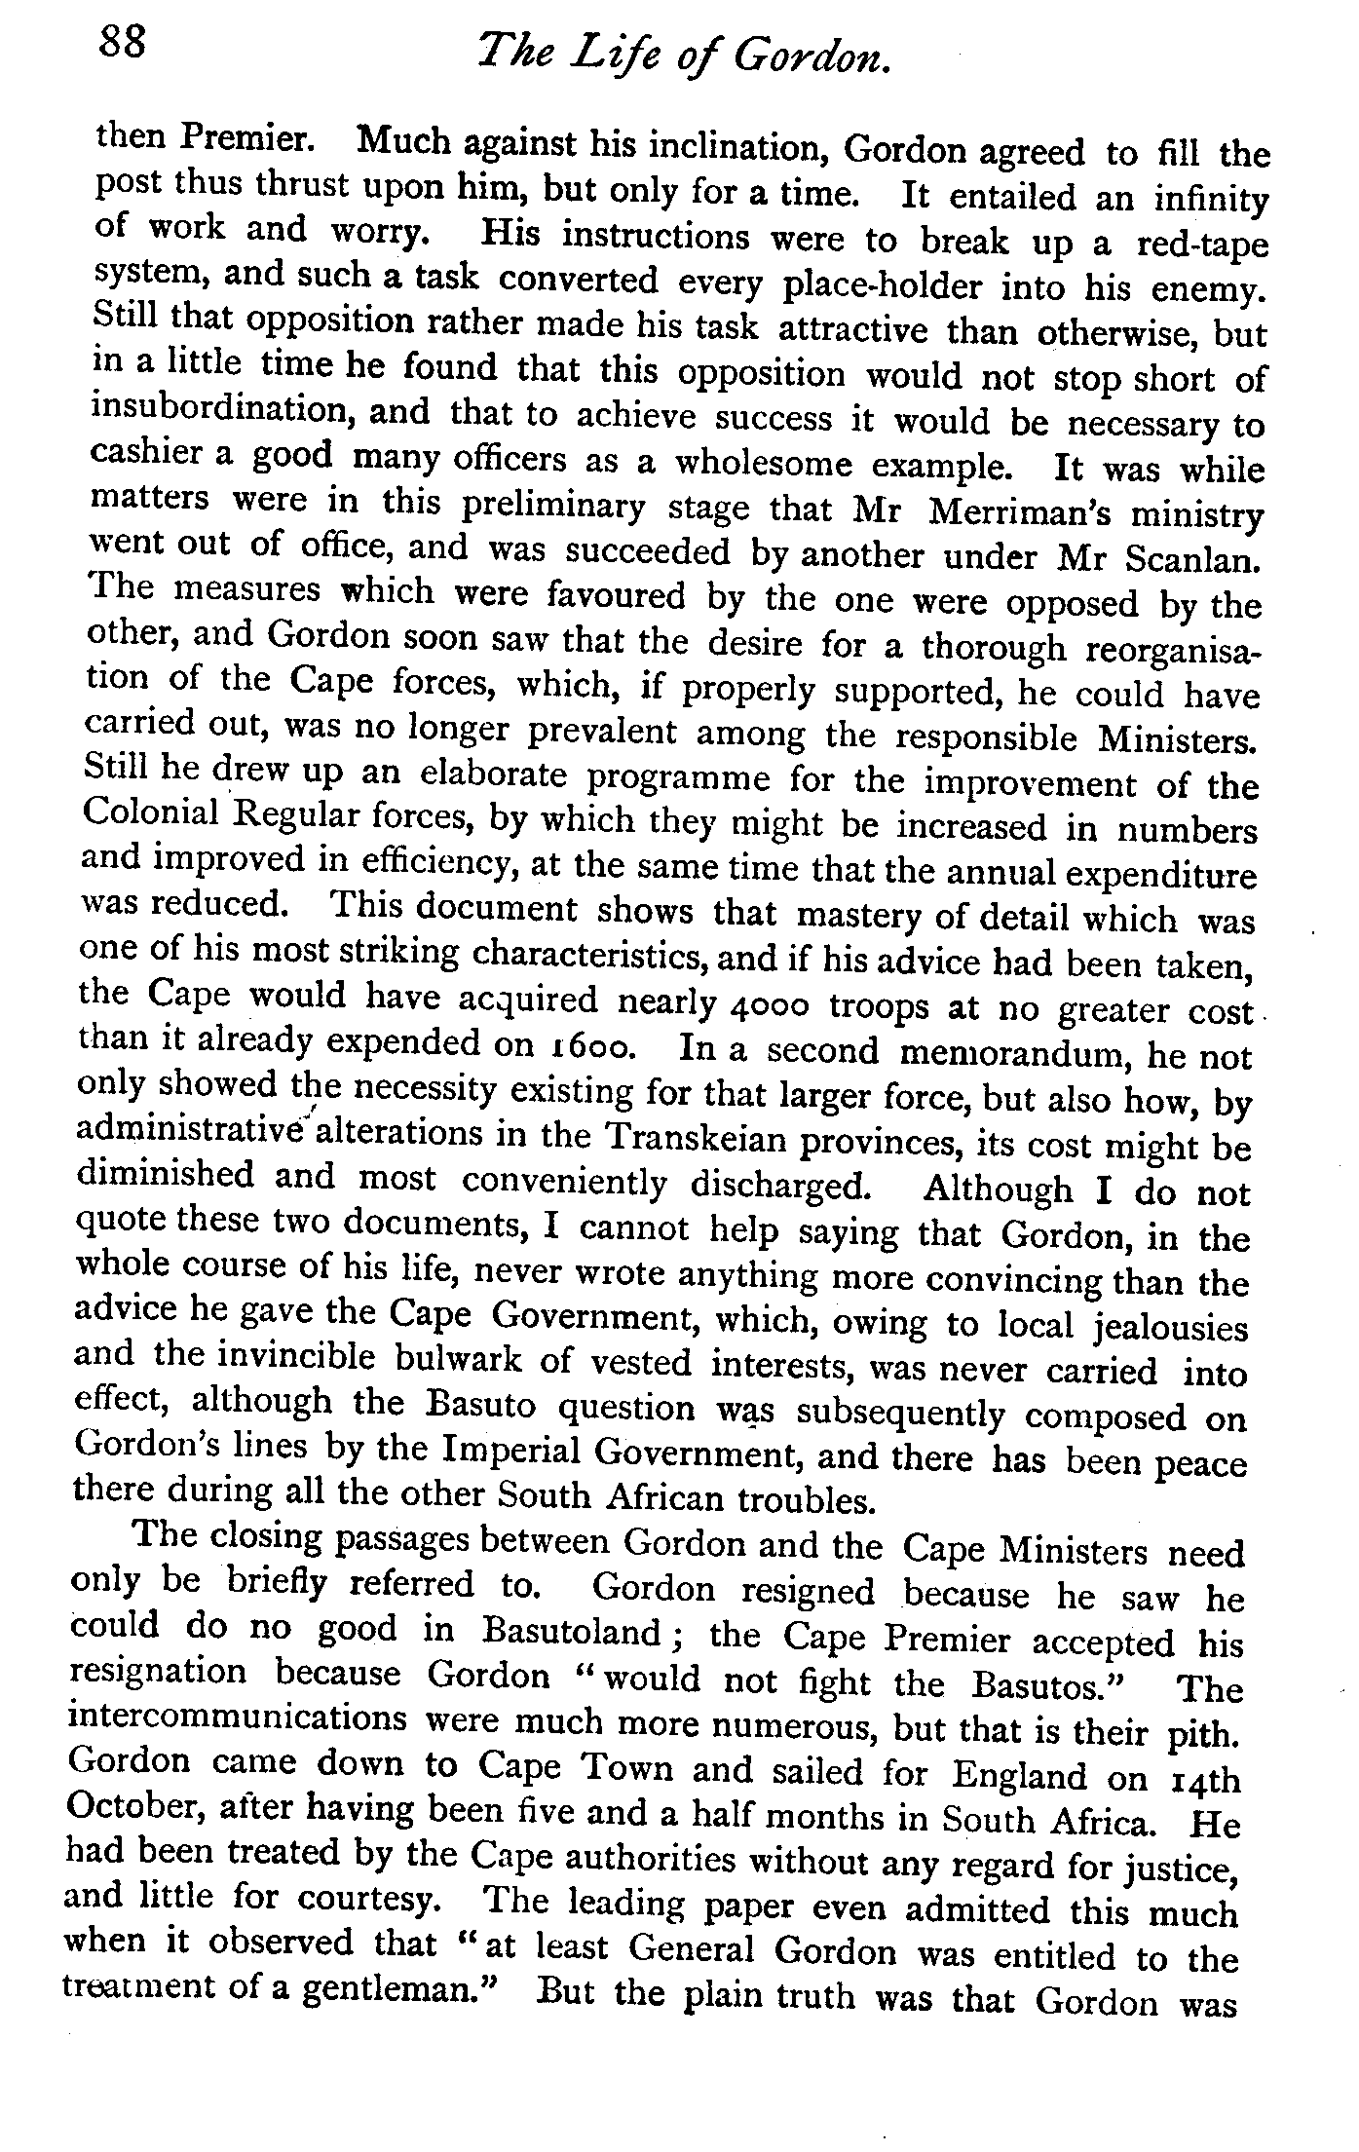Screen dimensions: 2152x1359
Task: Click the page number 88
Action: click(121, 44)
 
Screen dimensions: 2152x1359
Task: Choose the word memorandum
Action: click(1017, 1053)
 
